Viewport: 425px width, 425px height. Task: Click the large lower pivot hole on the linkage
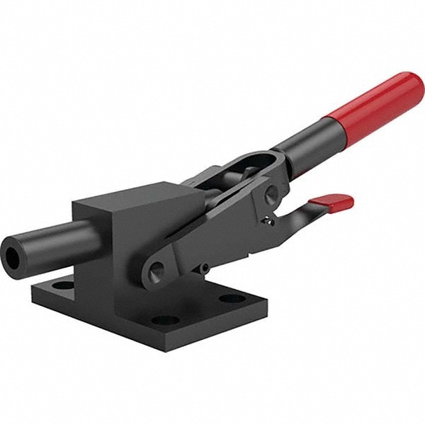tap(157, 268)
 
